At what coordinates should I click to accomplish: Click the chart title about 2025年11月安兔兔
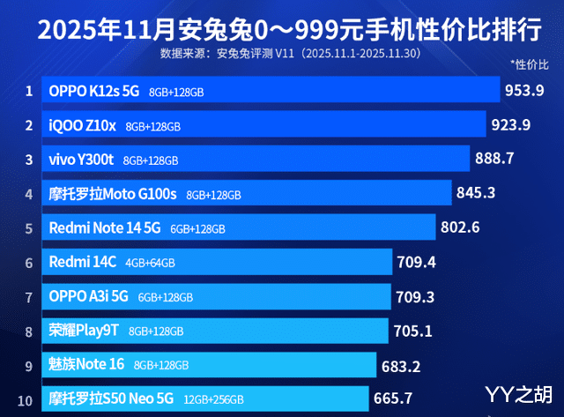[x=282, y=31]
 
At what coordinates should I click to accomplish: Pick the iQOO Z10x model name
[x=83, y=125]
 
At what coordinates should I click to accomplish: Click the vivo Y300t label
[x=82, y=160]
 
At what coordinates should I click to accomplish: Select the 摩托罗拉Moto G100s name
[x=114, y=193]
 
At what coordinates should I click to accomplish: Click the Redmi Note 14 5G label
[x=105, y=227]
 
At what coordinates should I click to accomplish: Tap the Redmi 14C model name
[x=82, y=262]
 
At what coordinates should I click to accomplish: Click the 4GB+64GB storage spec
[x=150, y=263]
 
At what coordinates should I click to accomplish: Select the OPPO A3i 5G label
[x=88, y=296]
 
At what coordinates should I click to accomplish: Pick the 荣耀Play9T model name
[x=85, y=331]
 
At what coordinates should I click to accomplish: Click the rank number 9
[x=28, y=364]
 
